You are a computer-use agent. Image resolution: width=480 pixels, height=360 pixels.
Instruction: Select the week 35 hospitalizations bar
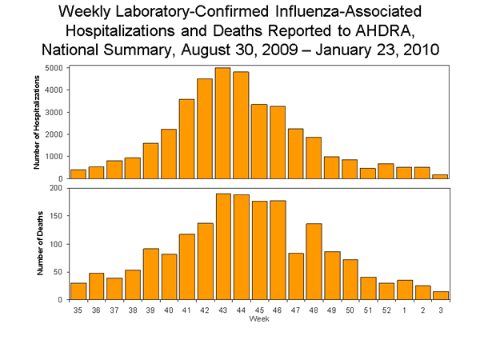[x=78, y=174]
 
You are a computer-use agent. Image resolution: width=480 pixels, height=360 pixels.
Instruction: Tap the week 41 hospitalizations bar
[x=186, y=139]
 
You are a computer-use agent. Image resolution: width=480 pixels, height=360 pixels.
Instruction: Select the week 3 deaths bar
[x=440, y=294]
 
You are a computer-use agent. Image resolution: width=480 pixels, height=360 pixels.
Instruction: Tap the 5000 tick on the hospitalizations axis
[x=58, y=69]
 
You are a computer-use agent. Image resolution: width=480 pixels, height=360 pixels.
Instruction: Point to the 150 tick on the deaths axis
[x=58, y=216]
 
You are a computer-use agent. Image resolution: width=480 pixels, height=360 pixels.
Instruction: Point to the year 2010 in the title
[x=418, y=50]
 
